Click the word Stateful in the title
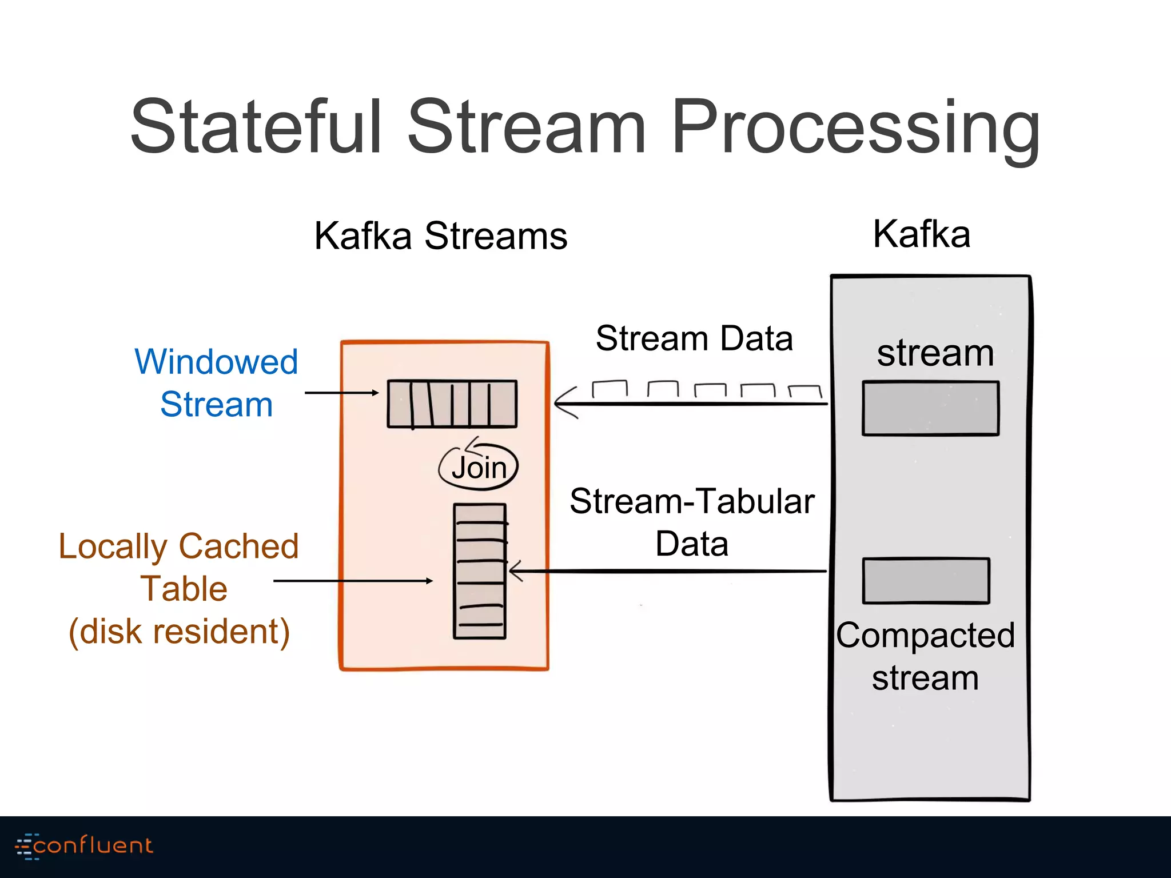pos(256,127)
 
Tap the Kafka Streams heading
pos(440,236)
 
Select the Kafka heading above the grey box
pos(922,234)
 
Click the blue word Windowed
pos(216,362)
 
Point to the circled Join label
pos(479,468)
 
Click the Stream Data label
pos(694,338)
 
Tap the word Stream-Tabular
pos(692,501)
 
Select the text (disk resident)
pos(179,632)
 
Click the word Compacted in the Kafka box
pos(925,635)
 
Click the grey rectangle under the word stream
pos(930,408)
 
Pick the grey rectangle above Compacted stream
pos(926,580)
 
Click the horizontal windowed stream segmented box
pos(452,404)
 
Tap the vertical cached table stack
pos(480,570)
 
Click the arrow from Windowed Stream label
pos(341,393)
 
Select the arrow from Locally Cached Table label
pos(353,581)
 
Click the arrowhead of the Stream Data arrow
pos(563,404)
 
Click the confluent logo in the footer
pos(84,845)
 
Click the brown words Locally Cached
pos(179,546)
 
